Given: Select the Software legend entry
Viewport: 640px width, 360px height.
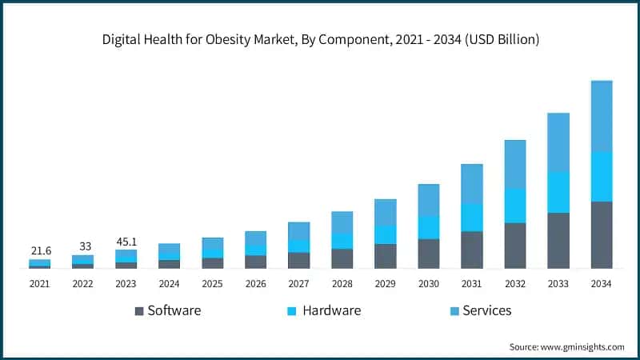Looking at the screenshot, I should pyautogui.click(x=167, y=310).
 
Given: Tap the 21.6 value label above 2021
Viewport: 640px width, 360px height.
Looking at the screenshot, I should pyautogui.click(x=41, y=251).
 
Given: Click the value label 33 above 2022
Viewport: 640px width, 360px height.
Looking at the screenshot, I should pyautogui.click(x=83, y=246).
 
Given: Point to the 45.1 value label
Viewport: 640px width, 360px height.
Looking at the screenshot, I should pyautogui.click(x=126, y=241).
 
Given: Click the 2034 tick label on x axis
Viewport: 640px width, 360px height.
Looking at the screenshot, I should pyautogui.click(x=601, y=283).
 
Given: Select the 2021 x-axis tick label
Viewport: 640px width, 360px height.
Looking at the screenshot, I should pyautogui.click(x=40, y=283).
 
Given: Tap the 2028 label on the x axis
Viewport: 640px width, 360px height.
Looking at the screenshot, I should pyautogui.click(x=342, y=283).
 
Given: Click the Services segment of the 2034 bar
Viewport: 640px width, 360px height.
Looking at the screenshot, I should pyautogui.click(x=601, y=116).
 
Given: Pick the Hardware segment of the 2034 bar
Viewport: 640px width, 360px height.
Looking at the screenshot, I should pyautogui.click(x=601, y=176).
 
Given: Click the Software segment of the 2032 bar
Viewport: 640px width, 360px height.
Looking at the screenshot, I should pyautogui.click(x=514, y=245).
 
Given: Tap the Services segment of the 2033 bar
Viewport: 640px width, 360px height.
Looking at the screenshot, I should pyautogui.click(x=558, y=142).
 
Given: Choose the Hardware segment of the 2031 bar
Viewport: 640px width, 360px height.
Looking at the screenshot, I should pyautogui.click(x=471, y=217).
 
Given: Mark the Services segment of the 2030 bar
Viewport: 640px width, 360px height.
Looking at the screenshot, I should pyautogui.click(x=429, y=199).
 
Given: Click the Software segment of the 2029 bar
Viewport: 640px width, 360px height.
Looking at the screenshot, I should pyautogui.click(x=386, y=256).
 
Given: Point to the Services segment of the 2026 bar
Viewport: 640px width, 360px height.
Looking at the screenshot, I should pyautogui.click(x=256, y=238).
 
